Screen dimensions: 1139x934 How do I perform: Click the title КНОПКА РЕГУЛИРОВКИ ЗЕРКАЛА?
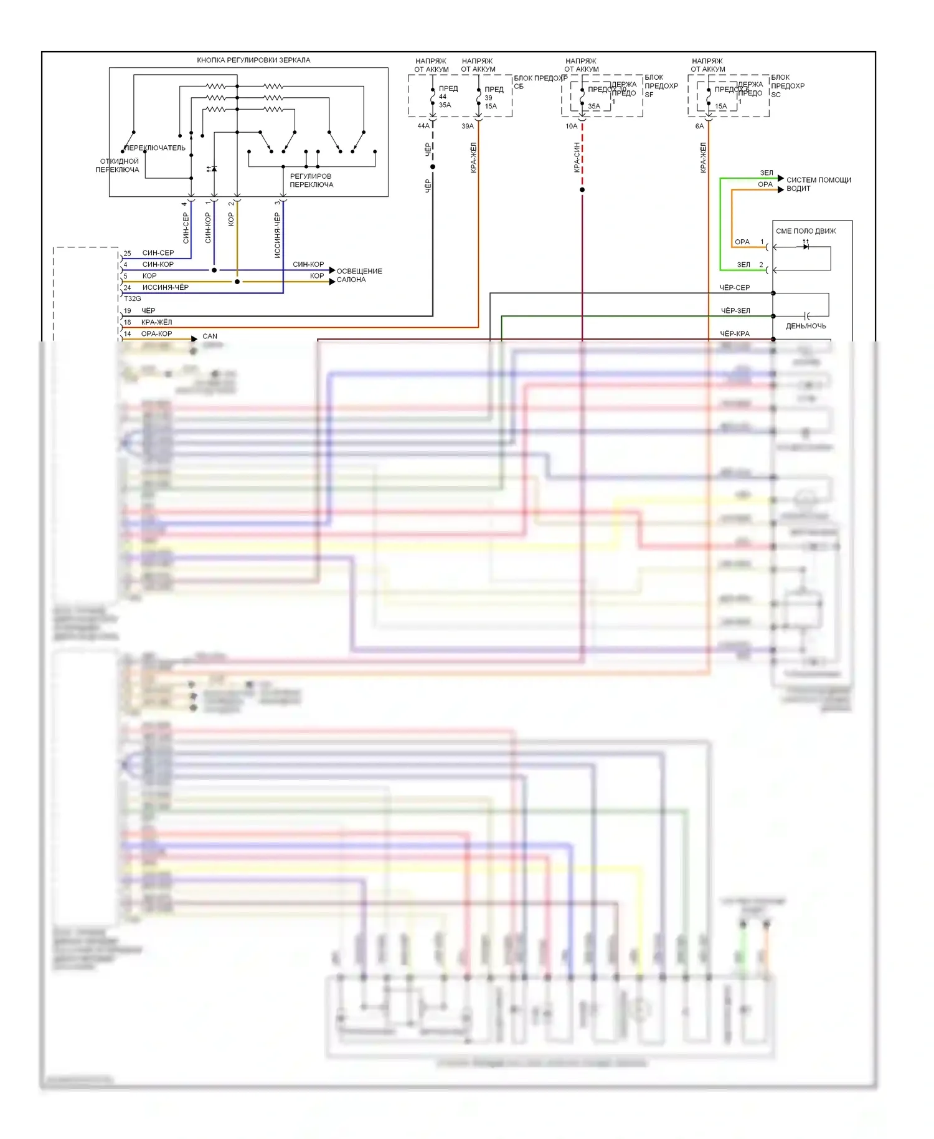coord(253,60)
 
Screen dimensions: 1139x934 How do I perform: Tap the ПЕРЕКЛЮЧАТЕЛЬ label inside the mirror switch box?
coord(155,148)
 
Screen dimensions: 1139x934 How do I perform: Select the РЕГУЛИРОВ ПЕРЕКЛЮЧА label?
coord(311,180)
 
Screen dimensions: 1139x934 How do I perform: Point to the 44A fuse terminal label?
coord(423,126)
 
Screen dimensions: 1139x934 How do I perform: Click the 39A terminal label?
coord(468,126)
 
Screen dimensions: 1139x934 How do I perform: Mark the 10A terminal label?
coord(571,126)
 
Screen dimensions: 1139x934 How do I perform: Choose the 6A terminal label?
coord(699,126)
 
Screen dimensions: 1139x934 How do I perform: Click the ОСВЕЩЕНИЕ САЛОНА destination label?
coord(359,275)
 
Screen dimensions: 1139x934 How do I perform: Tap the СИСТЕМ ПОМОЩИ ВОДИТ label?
coord(818,184)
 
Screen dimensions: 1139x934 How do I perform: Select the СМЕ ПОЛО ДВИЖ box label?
coord(806,231)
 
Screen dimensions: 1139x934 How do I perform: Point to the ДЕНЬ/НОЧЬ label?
coord(806,326)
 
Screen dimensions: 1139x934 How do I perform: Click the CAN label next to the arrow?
coord(210,336)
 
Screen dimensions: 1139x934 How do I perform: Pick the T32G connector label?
coord(132,298)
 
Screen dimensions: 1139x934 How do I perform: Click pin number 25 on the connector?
coord(127,254)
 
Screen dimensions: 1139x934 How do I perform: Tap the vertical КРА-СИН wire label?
coord(577,158)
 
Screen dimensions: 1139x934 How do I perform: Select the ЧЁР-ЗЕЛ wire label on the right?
coord(735,310)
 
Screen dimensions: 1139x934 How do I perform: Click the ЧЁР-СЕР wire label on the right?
coord(735,288)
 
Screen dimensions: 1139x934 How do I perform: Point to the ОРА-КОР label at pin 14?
coord(156,334)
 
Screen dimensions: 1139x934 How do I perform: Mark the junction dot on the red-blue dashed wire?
coord(582,189)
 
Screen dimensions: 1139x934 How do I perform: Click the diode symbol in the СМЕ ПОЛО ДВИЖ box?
coord(806,247)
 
